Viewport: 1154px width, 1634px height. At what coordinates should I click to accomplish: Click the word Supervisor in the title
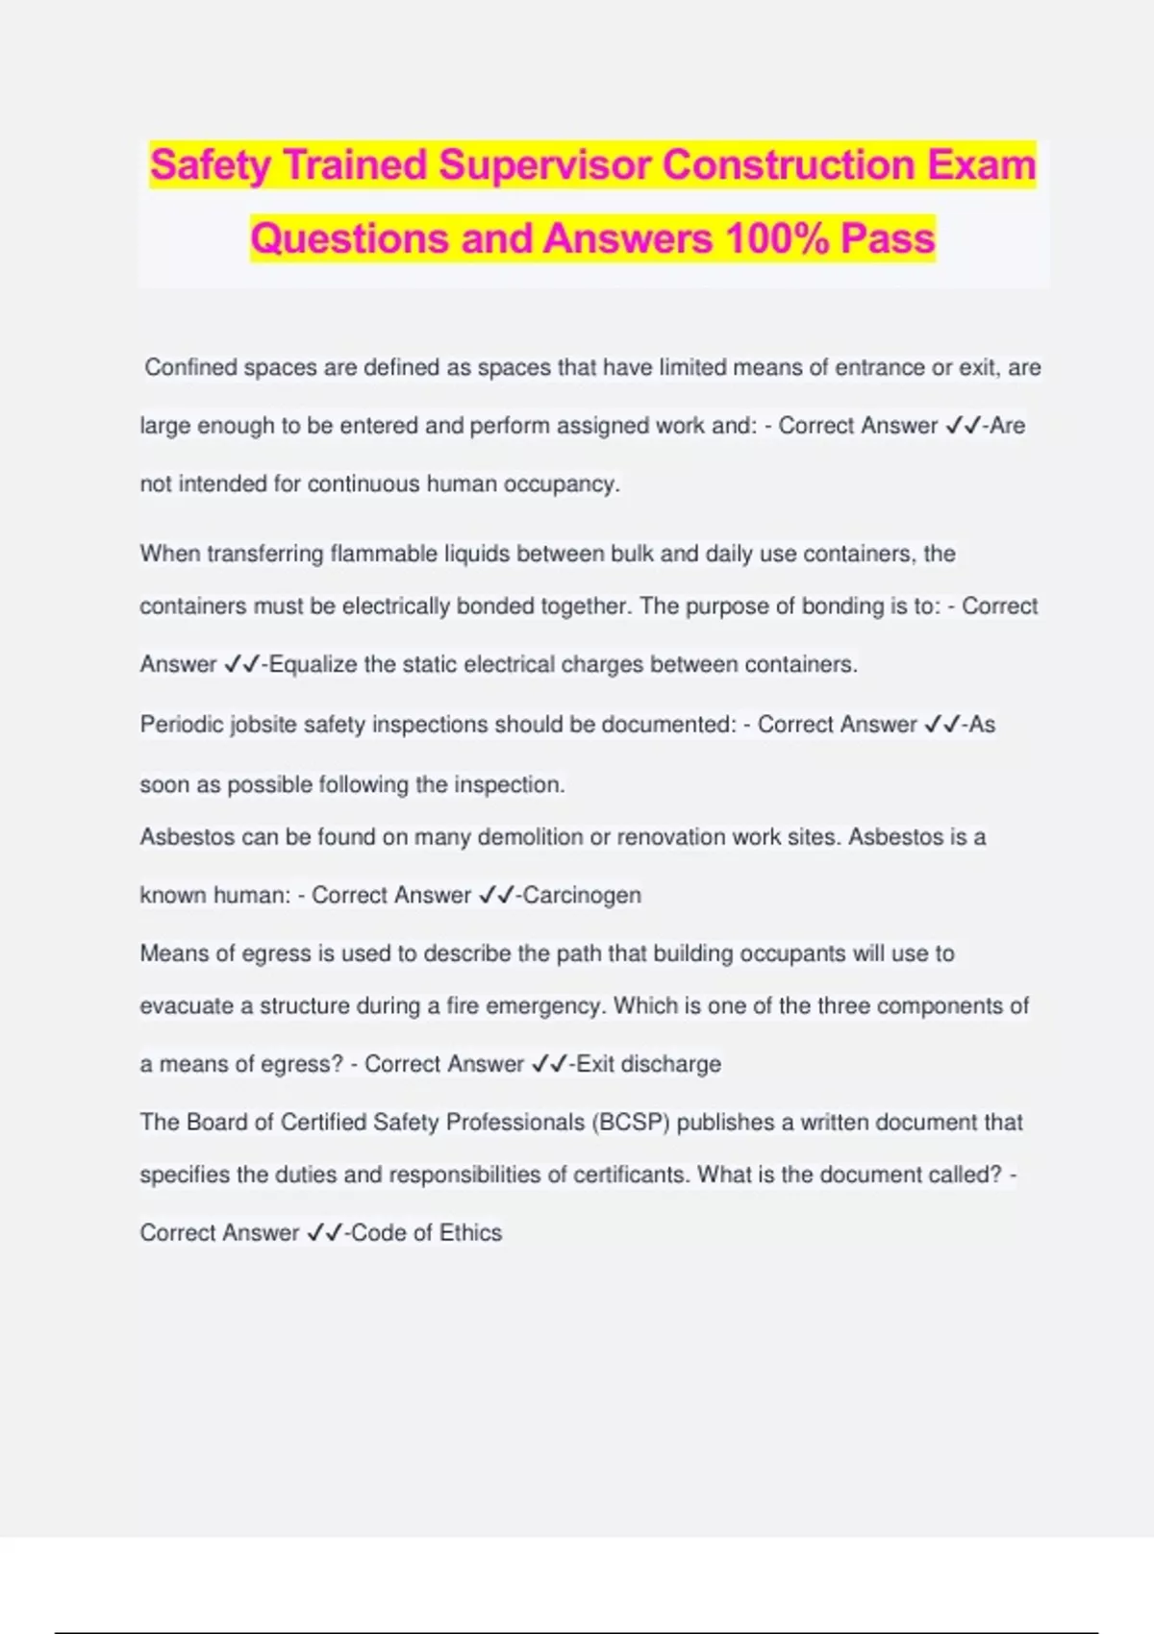tap(544, 164)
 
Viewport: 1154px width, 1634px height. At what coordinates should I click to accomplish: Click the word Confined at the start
tap(189, 367)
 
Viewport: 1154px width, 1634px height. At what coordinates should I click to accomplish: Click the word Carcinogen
tap(582, 895)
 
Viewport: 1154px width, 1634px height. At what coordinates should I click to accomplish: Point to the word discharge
tap(671, 1064)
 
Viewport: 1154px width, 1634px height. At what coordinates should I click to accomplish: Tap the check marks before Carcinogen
tap(496, 895)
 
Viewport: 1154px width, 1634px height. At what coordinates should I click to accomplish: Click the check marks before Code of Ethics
tap(324, 1232)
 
